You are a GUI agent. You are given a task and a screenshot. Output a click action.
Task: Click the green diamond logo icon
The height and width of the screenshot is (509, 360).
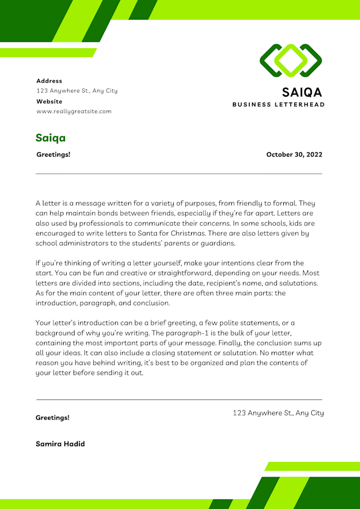291,60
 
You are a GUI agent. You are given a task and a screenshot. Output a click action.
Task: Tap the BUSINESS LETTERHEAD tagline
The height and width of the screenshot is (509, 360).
278,105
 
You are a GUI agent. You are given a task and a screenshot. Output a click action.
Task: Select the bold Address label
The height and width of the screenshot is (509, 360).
49,81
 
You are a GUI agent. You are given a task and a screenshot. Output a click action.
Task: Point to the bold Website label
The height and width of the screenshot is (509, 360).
49,101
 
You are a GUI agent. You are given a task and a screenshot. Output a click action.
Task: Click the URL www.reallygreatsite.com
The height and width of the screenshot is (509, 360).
74,111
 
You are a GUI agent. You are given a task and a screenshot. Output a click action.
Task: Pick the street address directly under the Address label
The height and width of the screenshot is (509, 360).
77,90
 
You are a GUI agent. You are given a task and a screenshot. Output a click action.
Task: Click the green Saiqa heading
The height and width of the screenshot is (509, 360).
51,138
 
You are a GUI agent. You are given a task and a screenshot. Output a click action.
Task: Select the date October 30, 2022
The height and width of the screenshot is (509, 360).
294,154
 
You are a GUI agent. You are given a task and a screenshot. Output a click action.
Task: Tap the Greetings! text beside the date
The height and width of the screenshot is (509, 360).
53,154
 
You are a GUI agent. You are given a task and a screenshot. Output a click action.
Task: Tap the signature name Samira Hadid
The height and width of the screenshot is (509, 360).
60,444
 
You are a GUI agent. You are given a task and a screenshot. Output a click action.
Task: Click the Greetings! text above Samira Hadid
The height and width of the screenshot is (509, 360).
52,417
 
